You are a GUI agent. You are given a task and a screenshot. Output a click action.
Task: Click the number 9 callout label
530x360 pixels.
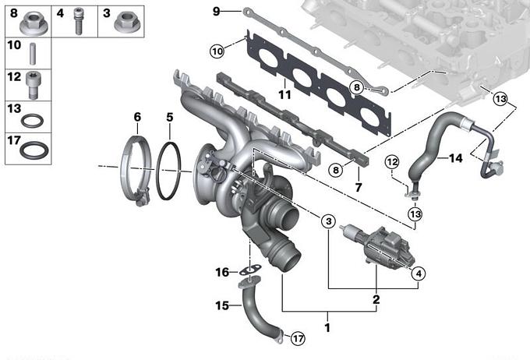coord(216,11)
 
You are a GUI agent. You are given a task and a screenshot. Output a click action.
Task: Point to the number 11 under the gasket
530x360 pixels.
coord(284,94)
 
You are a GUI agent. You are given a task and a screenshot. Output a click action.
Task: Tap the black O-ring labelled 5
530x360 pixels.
coord(168,171)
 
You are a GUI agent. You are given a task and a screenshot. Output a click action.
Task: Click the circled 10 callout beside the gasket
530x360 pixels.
coord(217,51)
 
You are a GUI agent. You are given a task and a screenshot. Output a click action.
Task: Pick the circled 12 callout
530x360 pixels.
coord(392,162)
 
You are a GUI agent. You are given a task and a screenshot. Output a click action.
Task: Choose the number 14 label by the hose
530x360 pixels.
coord(455,158)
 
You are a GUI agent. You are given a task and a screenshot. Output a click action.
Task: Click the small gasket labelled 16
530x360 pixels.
coord(250,270)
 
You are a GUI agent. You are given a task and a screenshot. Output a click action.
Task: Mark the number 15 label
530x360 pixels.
coord(222,305)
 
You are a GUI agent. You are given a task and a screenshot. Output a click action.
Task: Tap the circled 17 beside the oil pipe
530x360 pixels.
coord(298,338)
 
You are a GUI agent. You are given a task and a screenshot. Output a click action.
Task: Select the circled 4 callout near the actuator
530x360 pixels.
coord(419,274)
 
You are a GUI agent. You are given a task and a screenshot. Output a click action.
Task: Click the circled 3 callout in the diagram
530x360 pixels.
coord(329,221)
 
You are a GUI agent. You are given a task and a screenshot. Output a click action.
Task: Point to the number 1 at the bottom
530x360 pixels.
coord(327,327)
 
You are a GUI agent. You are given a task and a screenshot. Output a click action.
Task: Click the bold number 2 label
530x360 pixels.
coord(376,299)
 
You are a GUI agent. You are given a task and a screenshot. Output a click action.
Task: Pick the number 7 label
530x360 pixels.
coord(359,187)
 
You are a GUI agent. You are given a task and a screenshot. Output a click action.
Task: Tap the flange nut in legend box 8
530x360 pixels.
coord(34,23)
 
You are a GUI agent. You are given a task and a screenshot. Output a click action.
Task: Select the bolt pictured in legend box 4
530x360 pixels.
coord(78,21)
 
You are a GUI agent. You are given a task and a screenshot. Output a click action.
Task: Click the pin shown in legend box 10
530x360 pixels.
coord(33,54)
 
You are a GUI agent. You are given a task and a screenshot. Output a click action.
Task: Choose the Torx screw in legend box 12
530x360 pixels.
coord(32,86)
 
